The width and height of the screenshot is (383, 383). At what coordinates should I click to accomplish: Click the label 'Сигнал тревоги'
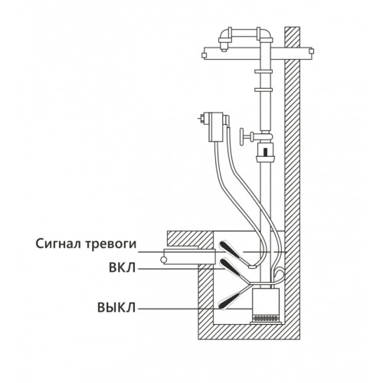click(x=86, y=244)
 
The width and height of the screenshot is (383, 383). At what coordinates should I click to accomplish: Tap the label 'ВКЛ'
click(x=123, y=268)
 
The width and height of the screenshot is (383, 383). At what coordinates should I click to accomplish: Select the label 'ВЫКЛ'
click(x=116, y=308)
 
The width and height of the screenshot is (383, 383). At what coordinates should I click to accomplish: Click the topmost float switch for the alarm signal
click(x=230, y=250)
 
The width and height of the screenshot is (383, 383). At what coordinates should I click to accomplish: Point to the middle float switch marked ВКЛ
click(x=231, y=267)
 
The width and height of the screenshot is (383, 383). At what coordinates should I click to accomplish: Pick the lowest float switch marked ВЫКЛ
click(x=230, y=300)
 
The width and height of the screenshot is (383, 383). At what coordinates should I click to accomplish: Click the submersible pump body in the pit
click(x=266, y=302)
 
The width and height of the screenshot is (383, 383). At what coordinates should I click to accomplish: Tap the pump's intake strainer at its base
click(x=266, y=319)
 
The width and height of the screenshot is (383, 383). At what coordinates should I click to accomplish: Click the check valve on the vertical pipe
click(x=266, y=152)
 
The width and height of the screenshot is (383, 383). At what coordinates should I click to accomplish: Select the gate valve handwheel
click(x=242, y=137)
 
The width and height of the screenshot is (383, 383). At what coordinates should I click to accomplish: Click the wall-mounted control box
click(x=217, y=126)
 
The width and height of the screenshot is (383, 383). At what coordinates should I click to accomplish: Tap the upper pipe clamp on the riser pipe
click(x=264, y=72)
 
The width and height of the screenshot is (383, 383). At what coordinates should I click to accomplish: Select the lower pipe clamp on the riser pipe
click(x=264, y=90)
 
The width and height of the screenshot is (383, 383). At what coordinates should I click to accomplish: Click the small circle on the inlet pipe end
click(x=163, y=260)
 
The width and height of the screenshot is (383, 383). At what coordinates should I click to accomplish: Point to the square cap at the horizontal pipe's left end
click(x=204, y=55)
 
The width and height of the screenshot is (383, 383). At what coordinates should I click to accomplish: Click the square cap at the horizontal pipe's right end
click(x=311, y=51)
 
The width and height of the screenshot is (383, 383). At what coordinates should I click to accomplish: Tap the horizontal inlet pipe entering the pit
click(x=189, y=257)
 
